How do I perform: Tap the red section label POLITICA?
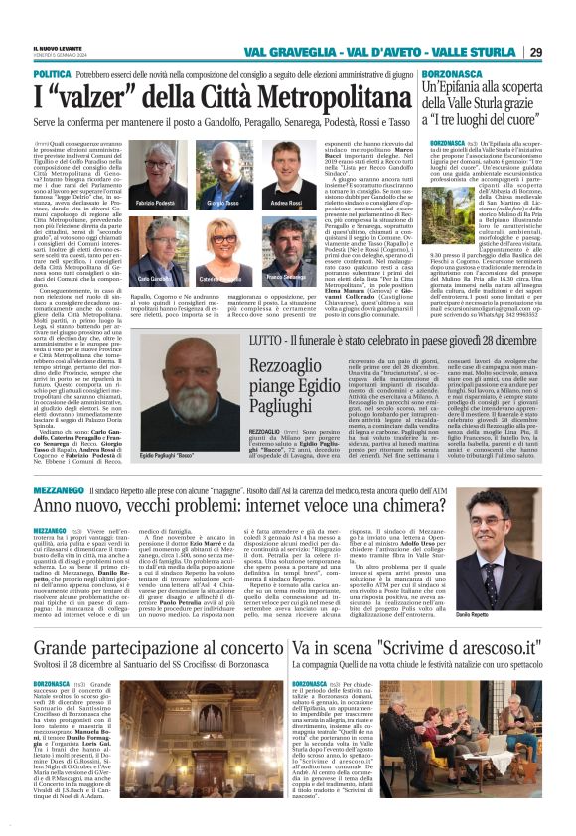pos(52,74)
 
